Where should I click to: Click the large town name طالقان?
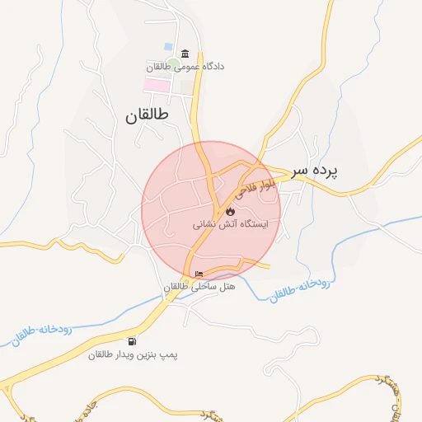(148, 116)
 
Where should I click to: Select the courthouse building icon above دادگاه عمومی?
(183, 54)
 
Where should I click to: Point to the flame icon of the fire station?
(229, 211)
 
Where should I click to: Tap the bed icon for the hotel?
(199, 274)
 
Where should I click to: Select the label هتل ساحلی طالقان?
(199, 287)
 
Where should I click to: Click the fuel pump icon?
(133, 341)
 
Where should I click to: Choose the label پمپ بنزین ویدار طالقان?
(134, 354)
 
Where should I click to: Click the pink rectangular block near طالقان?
(157, 85)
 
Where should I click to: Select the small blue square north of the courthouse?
(169, 46)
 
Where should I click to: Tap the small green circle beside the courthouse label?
(174, 65)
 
